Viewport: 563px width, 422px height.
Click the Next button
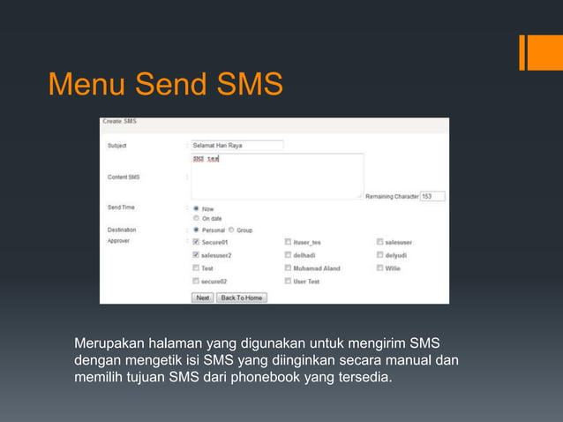(x=202, y=298)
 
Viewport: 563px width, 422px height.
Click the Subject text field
(x=236, y=145)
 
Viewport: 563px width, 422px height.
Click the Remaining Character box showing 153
(x=432, y=196)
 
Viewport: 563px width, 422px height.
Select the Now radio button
(x=196, y=208)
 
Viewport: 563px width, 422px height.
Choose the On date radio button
(x=196, y=217)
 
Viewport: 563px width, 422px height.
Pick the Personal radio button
(x=196, y=230)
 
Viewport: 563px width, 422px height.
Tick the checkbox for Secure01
(x=196, y=242)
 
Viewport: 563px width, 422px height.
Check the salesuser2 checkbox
(x=196, y=255)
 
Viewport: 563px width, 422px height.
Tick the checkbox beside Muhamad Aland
(x=289, y=268)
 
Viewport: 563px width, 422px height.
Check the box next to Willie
(x=379, y=268)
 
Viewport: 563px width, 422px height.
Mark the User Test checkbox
(x=289, y=281)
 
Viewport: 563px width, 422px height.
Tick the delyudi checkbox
(x=379, y=255)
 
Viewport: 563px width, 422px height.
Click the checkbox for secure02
(x=196, y=281)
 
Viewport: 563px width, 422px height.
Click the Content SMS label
(x=124, y=177)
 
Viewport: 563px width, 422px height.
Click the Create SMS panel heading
(x=119, y=121)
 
